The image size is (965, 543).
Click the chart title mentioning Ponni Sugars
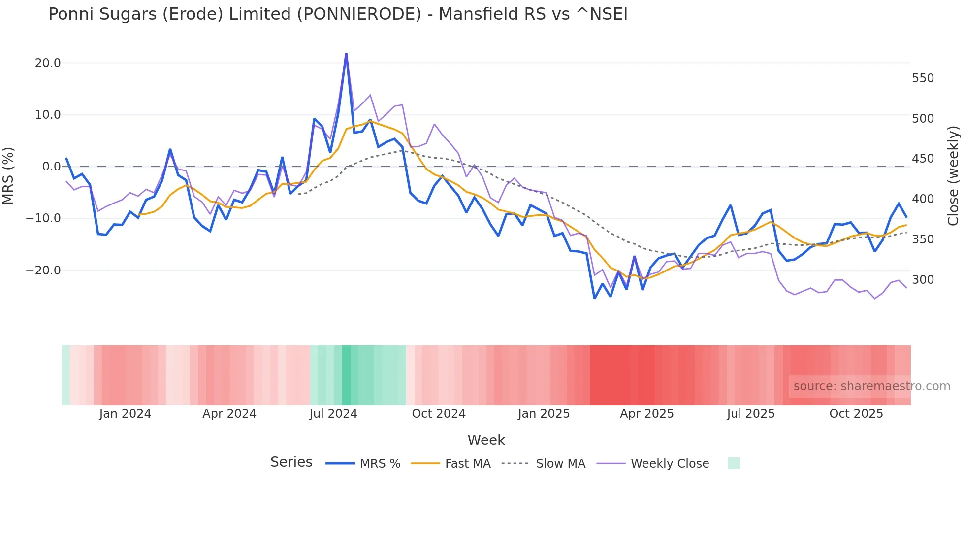coord(338,14)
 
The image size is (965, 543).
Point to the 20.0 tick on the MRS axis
coord(48,63)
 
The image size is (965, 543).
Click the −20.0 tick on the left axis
coord(43,271)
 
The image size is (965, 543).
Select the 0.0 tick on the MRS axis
coord(51,167)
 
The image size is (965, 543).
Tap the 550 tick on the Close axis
coord(923,78)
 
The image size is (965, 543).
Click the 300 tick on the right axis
coord(923,280)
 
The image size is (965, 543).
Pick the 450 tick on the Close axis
coord(923,159)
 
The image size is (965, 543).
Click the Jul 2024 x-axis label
coord(333,414)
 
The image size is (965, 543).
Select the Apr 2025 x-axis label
coord(646,414)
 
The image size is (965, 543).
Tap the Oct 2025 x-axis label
coord(856,414)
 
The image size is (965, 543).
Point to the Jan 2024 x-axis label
coord(125,414)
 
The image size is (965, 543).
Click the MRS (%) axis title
coord(8,175)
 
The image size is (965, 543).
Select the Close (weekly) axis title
coord(953,175)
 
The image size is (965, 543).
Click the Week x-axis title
coord(486,440)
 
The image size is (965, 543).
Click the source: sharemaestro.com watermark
coord(871,386)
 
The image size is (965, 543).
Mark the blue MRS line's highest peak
coord(346,54)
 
